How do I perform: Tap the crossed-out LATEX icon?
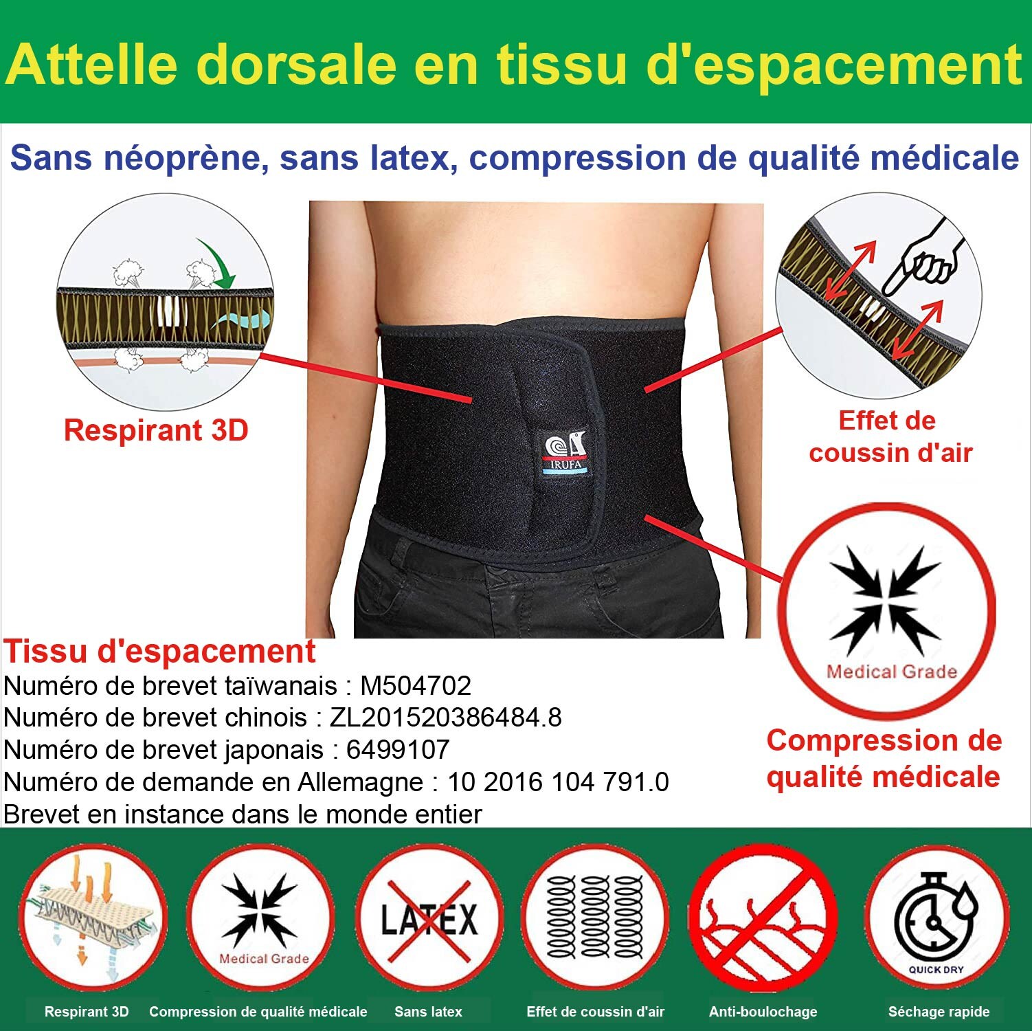coord(429,919)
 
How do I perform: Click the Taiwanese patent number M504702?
coord(416,685)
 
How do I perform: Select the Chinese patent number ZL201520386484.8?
coord(446,718)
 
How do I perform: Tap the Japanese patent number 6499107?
coord(398,749)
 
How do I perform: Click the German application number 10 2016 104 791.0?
coord(558,781)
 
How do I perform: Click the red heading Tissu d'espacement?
coord(159,651)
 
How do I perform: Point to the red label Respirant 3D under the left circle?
coord(156,430)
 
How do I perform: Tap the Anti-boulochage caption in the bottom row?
coord(763,1012)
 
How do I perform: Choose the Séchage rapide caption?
coord(939,1012)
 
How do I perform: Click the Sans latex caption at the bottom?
coord(428,1012)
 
